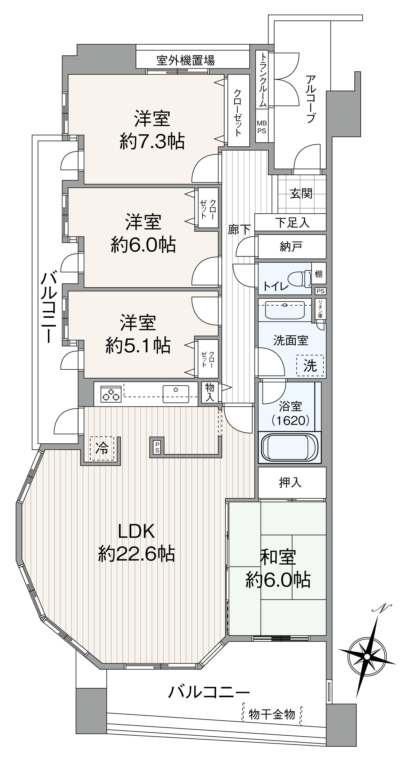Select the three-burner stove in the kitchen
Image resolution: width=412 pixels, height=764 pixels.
coord(111,394)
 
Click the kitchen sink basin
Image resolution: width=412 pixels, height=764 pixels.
coord(176,394)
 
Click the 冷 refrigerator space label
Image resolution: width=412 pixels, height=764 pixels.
coord(102,448)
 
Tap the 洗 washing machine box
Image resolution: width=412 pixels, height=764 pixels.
coord(310,365)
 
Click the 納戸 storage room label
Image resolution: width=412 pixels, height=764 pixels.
coord(291,247)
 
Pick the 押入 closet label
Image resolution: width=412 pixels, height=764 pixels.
coord(290,483)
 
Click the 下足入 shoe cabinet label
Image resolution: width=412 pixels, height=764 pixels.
coord(292,222)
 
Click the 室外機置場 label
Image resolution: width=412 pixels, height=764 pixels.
coord(185,60)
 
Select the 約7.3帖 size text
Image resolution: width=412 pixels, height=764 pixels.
coord(152,141)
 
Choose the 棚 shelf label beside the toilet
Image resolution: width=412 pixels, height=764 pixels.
coord(319,273)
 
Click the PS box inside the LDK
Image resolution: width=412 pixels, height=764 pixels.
coord(157,447)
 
